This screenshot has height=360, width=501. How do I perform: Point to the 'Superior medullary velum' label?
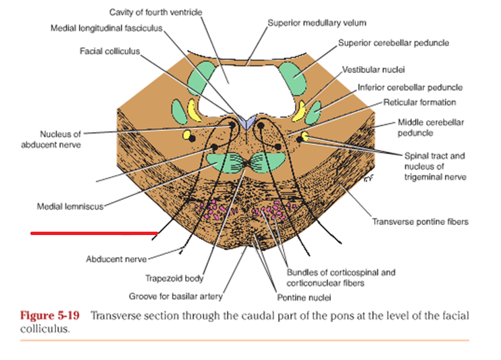tap(307, 23)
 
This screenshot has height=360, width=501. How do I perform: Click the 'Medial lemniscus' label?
tap(70, 206)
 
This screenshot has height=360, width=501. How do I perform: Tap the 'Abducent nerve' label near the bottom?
tap(115, 259)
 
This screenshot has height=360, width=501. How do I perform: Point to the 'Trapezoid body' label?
tap(174, 278)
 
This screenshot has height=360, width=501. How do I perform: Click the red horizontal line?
tap(94, 234)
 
